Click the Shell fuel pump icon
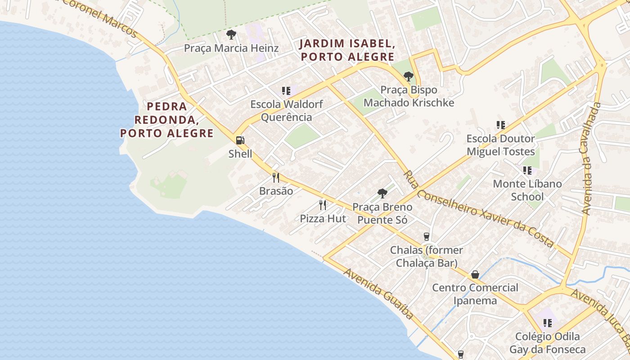pyautogui.click(x=240, y=140)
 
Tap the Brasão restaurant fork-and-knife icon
pyautogui.click(x=276, y=178)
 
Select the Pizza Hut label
pyautogui.click(x=323, y=219)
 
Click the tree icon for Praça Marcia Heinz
pyautogui.click(x=231, y=35)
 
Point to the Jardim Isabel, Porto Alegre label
pyautogui.click(x=347, y=50)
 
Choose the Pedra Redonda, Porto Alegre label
pyautogui.click(x=167, y=120)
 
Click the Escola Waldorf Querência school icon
pyautogui.click(x=286, y=91)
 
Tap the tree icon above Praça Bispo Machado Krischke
pyautogui.click(x=409, y=76)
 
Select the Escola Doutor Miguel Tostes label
pyautogui.click(x=500, y=145)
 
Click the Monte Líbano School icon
pyautogui.click(x=527, y=171)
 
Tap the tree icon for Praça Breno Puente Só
pyautogui.click(x=382, y=194)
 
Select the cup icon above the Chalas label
pyautogui.click(x=426, y=237)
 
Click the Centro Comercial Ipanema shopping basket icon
pyautogui.click(x=475, y=274)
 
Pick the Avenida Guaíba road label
pyautogui.click(x=379, y=293)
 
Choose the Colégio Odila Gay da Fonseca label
pyautogui.click(x=547, y=343)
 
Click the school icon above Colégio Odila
pyautogui.click(x=548, y=323)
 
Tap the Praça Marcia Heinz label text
pyautogui.click(x=231, y=48)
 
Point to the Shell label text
pyautogui.click(x=240, y=153)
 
